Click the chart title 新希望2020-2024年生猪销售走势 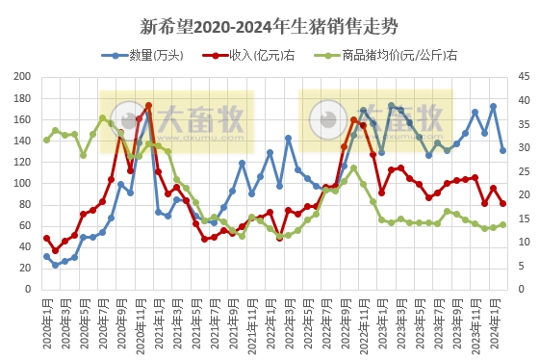[x=269, y=26]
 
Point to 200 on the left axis [x=22, y=78]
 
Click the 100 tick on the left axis [x=22, y=183]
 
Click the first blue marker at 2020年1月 [x=46, y=257]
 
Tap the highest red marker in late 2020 [x=148, y=106]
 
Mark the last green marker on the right [x=503, y=225]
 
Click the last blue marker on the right [x=503, y=151]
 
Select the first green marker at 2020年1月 [x=46, y=140]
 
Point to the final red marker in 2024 [x=503, y=203]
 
